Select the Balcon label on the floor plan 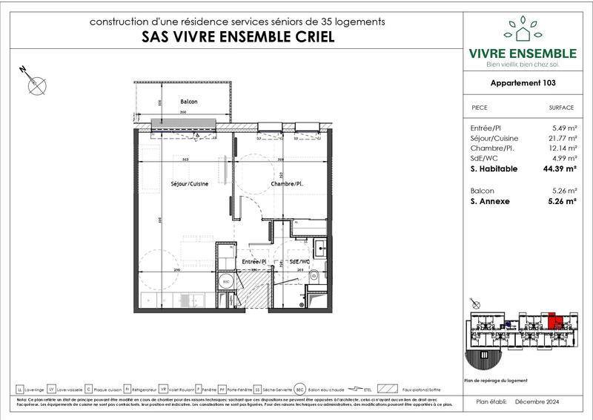[x=191, y=102]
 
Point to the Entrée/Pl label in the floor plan [x=254, y=261]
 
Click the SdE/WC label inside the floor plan [x=299, y=261]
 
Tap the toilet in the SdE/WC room [x=314, y=275]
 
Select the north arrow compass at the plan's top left [x=35, y=84]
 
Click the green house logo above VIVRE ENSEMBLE [x=523, y=30]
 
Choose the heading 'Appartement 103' [x=523, y=84]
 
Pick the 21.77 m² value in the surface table [x=560, y=138]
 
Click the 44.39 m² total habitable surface [x=560, y=169]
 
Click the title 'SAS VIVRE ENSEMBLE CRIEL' [x=237, y=36]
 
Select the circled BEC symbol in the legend [x=299, y=388]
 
